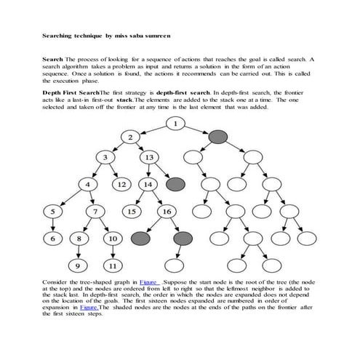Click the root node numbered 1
pos(175,124)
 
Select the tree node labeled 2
pos(129,137)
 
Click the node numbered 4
pos(88,185)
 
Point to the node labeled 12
pos(122,185)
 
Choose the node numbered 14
pos(148,185)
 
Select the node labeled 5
pos(52,212)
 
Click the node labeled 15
pos(132,212)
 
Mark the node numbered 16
pos(166,212)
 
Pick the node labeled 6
pos(52,238)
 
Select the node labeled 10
pos(113,238)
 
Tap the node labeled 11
pos(113,264)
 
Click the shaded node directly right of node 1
pos(217,137)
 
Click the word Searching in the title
pos(57,34)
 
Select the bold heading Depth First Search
pos(71,94)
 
